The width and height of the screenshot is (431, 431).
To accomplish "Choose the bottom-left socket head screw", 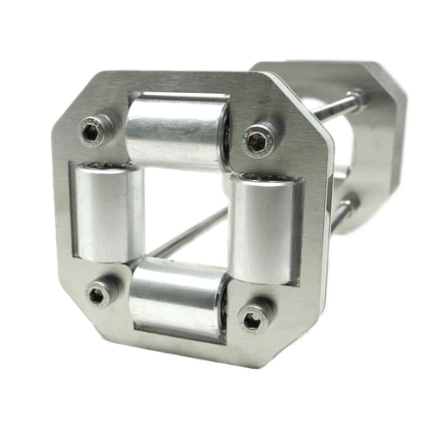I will click(x=99, y=294).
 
